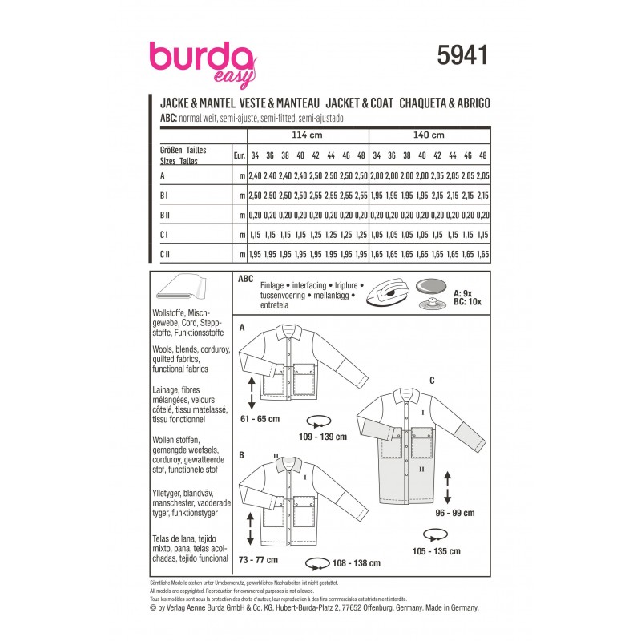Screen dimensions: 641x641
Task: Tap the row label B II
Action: [x=168, y=216]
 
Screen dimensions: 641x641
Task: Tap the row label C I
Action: [x=166, y=236]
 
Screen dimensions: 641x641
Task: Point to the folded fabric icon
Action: [x=183, y=287]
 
